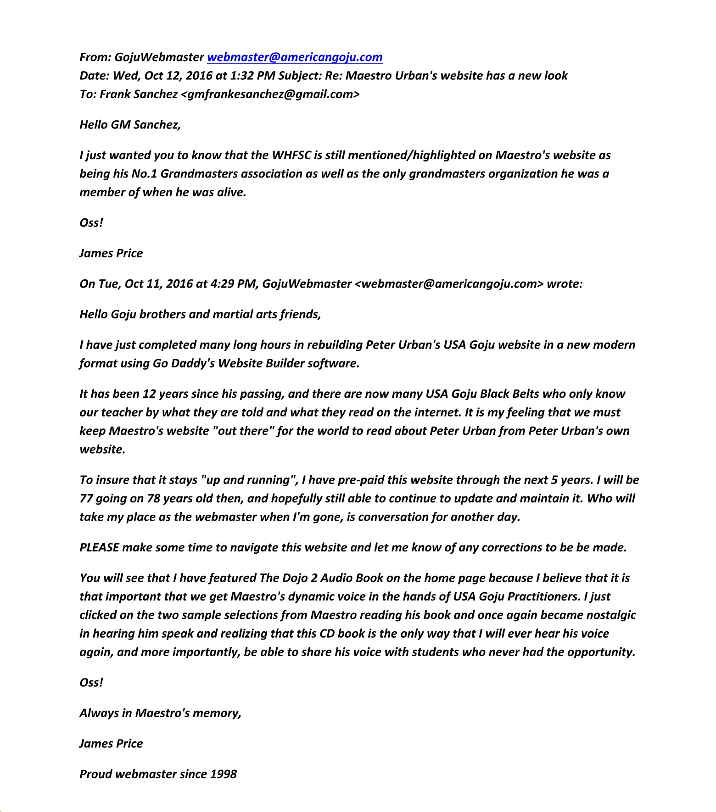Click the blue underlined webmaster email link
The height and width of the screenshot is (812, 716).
coord(295,57)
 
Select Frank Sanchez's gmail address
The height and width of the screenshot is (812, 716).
coord(271,95)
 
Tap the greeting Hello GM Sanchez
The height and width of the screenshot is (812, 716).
coord(130,125)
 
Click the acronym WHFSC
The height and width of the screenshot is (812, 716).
coord(291,156)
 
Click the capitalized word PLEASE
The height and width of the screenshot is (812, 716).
coord(99,548)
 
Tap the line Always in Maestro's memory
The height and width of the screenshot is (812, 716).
coord(160,713)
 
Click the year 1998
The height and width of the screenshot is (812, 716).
coord(223,774)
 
